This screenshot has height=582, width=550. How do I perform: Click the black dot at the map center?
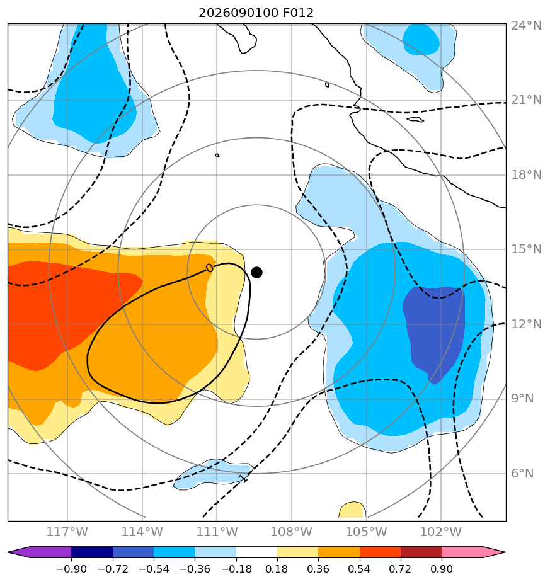point(256,273)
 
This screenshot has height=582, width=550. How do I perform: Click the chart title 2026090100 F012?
point(256,13)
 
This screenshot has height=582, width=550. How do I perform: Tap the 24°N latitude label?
point(526,26)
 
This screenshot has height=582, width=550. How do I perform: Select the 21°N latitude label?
point(526,100)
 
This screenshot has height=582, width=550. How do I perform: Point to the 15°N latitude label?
point(526,249)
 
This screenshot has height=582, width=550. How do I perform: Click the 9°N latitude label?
point(522,399)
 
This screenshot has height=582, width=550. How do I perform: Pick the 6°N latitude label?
point(522,473)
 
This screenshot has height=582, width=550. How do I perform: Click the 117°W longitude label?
point(67,532)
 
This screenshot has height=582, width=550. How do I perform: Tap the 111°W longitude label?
point(217,532)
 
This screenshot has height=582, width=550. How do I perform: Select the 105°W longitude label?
point(367,532)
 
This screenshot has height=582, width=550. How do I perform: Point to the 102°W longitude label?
point(441,532)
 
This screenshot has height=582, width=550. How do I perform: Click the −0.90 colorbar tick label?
point(71,569)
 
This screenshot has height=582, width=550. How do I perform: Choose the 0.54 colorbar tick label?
point(360,569)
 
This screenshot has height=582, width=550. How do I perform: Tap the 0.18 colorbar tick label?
point(277,569)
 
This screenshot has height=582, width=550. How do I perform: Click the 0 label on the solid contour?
point(209,268)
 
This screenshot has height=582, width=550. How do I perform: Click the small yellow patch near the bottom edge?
point(352,510)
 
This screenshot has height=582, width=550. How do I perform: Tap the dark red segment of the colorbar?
point(421,552)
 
